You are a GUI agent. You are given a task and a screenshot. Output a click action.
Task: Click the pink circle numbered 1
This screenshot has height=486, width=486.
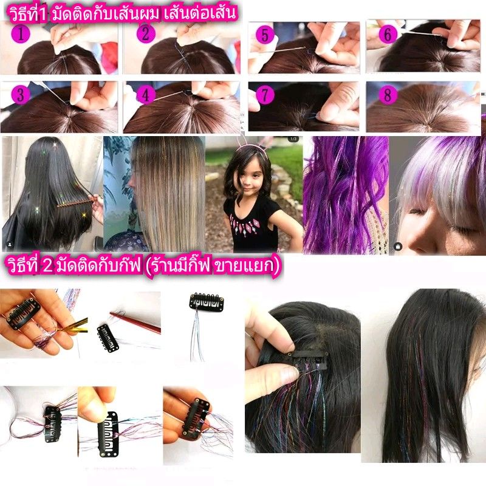21,33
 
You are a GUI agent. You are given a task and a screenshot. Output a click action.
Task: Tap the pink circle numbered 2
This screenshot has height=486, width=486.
146,33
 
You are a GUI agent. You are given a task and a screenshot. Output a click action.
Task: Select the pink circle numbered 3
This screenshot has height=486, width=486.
21,95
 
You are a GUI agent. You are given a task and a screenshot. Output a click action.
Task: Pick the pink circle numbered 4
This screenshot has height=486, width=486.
145,95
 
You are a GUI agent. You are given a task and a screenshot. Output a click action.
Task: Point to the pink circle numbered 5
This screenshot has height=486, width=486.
265,35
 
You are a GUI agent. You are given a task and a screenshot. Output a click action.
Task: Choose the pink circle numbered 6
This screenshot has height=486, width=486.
388,34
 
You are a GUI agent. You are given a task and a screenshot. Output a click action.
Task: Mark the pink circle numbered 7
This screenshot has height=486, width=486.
265,95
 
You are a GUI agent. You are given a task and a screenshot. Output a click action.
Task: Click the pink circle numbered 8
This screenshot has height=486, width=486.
388,95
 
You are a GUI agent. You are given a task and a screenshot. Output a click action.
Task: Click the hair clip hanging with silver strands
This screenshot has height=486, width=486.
207,301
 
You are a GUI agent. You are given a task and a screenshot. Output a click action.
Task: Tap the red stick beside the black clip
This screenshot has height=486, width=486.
135,322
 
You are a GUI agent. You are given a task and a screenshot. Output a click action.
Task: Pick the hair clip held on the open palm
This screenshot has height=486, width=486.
23,313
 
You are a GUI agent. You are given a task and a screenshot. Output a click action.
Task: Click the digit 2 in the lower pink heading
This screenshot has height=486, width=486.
48,265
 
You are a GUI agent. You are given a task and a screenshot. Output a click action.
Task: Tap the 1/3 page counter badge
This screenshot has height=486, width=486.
293,139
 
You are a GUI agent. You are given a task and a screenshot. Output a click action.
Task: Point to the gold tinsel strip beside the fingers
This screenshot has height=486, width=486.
75,326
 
